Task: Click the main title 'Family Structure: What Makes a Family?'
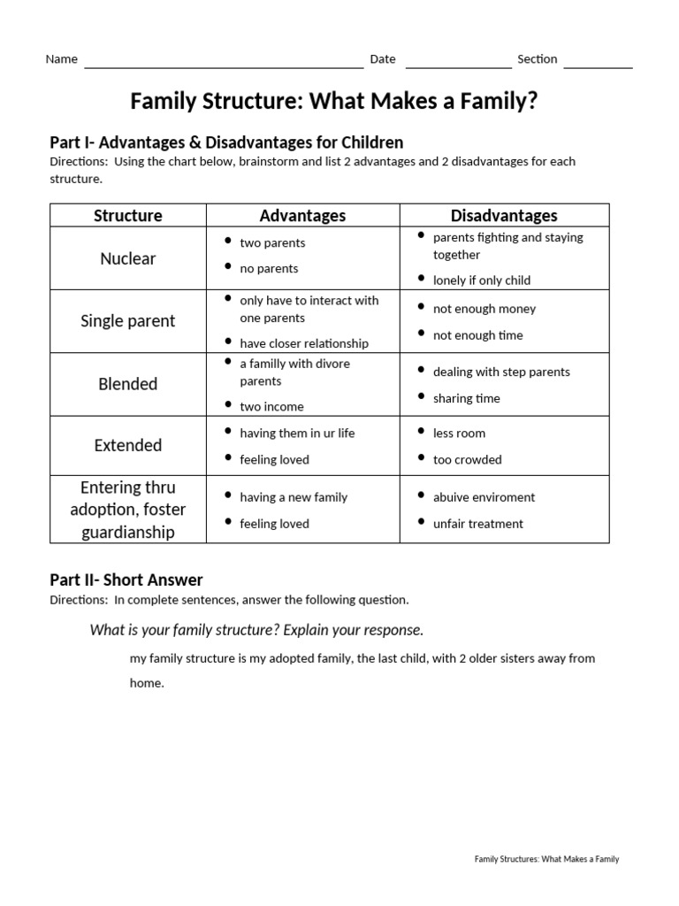tap(333, 102)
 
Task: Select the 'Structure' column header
tap(128, 215)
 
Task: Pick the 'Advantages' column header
tap(302, 215)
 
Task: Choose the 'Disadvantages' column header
tap(504, 215)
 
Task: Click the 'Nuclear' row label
tap(128, 258)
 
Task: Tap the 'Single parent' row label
tap(128, 321)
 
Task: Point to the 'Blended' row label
tap(128, 384)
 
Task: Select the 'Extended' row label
tap(128, 445)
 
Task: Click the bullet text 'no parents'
tap(269, 269)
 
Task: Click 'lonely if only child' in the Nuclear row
tap(481, 280)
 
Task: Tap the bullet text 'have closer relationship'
tap(304, 343)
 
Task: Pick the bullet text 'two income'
tap(271, 407)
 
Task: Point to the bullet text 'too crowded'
tap(467, 460)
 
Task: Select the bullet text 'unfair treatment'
tap(477, 524)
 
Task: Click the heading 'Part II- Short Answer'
tap(126, 580)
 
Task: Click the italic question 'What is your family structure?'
tap(256, 630)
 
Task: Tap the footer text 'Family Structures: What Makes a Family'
tap(546, 859)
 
